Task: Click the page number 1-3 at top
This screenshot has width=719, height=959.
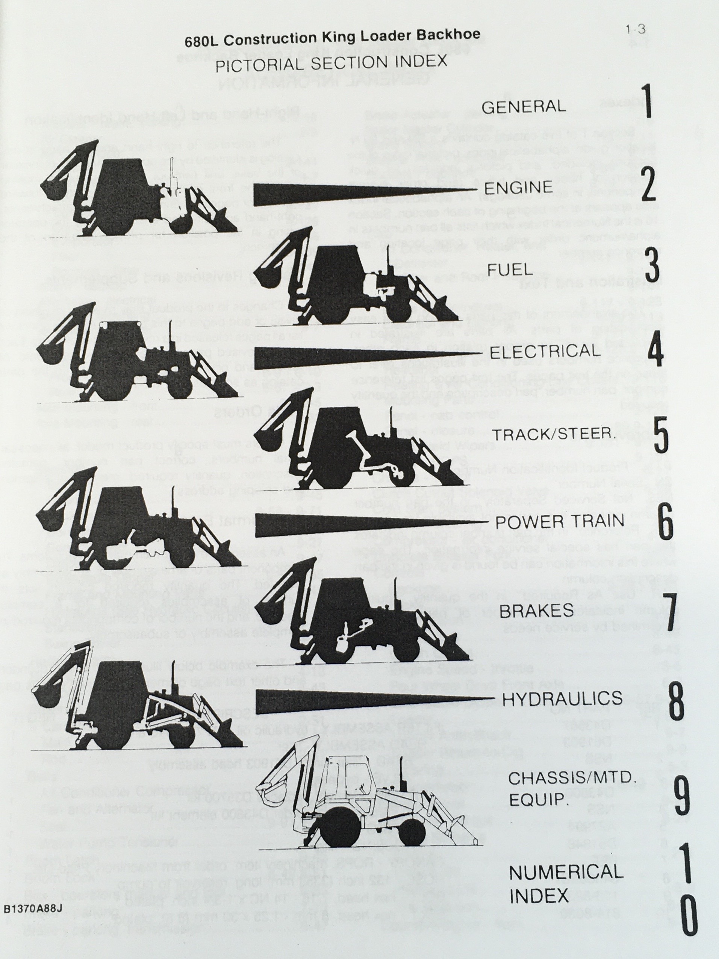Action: coord(635,29)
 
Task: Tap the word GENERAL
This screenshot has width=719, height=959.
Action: coord(524,106)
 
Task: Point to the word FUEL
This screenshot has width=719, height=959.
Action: coord(510,270)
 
